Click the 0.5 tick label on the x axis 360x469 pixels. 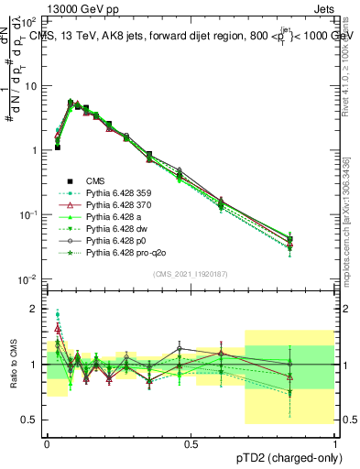191,444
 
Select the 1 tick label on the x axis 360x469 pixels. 334,444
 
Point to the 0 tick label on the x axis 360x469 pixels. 48,444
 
